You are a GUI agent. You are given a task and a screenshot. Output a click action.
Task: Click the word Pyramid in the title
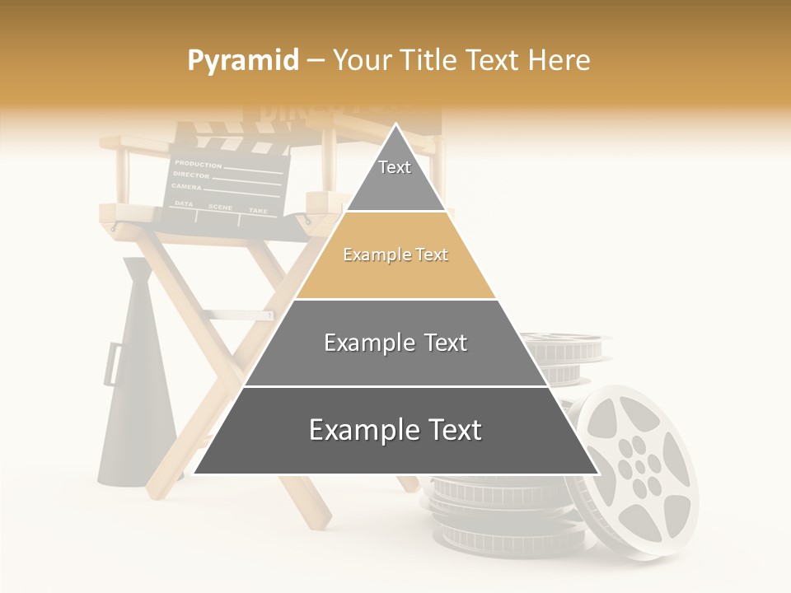click(242, 61)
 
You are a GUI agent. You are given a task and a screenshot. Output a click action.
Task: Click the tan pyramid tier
click(395, 255)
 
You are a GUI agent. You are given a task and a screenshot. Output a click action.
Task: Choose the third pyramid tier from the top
click(395, 343)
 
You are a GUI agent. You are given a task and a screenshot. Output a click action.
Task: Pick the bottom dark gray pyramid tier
click(395, 430)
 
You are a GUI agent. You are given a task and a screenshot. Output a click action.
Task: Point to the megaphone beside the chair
click(136, 379)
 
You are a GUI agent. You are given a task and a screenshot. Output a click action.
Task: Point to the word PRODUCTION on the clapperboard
click(198, 164)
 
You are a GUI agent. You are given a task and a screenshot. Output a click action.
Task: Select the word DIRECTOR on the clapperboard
click(191, 175)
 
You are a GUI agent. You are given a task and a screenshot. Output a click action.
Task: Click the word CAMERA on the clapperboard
click(187, 187)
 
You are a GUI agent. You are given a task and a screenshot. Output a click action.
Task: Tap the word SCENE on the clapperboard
click(220, 207)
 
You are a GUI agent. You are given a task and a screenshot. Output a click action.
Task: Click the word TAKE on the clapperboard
click(258, 211)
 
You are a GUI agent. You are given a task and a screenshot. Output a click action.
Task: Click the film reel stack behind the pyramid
click(567, 358)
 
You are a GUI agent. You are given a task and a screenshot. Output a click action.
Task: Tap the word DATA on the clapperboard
click(184, 203)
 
